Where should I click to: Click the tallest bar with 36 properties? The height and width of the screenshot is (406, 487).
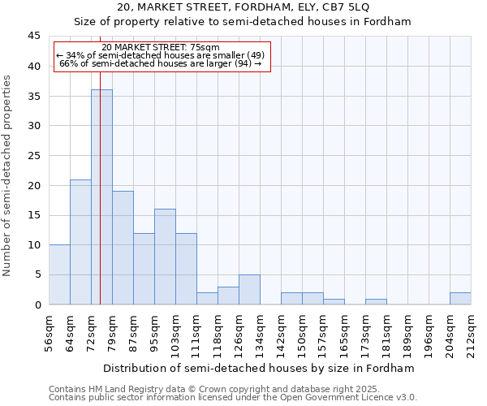coord(101,197)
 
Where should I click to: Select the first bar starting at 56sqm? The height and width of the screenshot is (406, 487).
coord(59,274)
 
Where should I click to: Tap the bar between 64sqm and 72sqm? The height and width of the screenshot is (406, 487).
coord(80,242)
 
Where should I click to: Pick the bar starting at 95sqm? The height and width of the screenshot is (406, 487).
coord(165,257)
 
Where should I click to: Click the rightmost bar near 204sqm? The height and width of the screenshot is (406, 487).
coord(460,299)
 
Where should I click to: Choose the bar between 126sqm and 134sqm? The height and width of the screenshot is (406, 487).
coord(249,290)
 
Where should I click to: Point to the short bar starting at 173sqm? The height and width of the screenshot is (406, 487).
coord(376,302)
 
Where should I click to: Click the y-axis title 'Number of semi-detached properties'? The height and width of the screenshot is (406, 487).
coord(8,175)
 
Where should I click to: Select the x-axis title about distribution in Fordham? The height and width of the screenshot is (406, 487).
coord(259,368)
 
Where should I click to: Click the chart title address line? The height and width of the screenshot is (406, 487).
coord(243,6)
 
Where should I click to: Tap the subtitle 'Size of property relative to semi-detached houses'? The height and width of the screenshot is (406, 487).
coord(243,22)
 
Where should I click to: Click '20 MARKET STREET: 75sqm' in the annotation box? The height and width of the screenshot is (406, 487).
coord(161,48)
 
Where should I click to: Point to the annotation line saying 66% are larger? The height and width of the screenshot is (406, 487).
coord(161,63)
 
